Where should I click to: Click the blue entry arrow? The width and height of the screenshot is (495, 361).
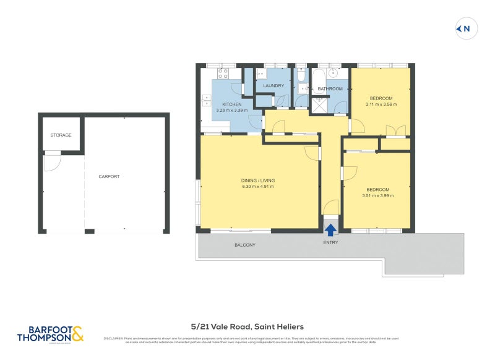coord(331,230)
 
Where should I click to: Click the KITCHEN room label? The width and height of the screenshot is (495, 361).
coord(231,104)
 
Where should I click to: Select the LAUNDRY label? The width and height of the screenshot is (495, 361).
coord(273,86)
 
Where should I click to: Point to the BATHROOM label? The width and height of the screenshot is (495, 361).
coord(330,89)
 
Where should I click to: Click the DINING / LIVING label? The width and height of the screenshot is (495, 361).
coord(258,180)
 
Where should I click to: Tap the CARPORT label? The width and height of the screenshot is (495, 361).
coord(109,176)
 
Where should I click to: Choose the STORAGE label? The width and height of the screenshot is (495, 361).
coord(61,135)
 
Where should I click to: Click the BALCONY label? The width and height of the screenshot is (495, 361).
coord(244,245)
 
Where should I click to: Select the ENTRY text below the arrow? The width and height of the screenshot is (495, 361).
coord(331,242)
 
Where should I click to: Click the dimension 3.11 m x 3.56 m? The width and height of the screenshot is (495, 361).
coord(381,104)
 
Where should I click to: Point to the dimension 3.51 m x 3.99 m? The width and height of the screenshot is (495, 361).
coord(377,195)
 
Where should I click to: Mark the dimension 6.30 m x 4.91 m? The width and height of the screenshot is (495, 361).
coord(258,187)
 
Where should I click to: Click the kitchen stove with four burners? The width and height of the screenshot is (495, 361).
coord(223,74)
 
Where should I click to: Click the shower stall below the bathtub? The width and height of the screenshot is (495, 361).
coord(320,106)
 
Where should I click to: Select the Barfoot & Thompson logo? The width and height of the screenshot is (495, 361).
coord(50,334)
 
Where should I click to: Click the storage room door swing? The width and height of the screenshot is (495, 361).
coord(51,163)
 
